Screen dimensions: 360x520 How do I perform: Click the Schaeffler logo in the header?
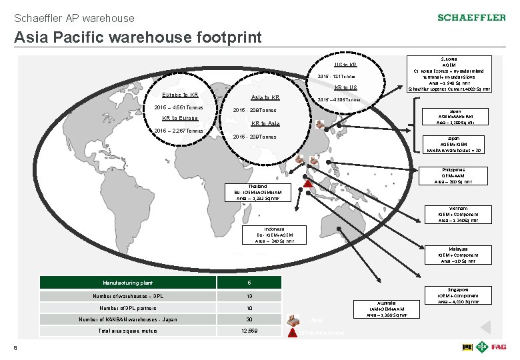pos(472,17)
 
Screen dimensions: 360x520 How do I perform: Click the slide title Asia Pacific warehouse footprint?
pos(138,37)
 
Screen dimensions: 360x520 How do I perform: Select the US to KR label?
pos(345,65)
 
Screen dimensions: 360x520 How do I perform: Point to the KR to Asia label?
pos(265,123)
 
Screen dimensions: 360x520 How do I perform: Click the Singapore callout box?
pos(458,296)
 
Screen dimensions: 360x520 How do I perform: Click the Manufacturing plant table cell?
pos(129,282)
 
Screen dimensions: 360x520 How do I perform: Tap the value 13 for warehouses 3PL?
pos(249,295)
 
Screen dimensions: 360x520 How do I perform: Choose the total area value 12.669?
pos(249,331)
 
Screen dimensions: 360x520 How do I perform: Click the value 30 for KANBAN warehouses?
pos(249,319)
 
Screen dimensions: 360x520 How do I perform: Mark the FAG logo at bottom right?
pos(499,347)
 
